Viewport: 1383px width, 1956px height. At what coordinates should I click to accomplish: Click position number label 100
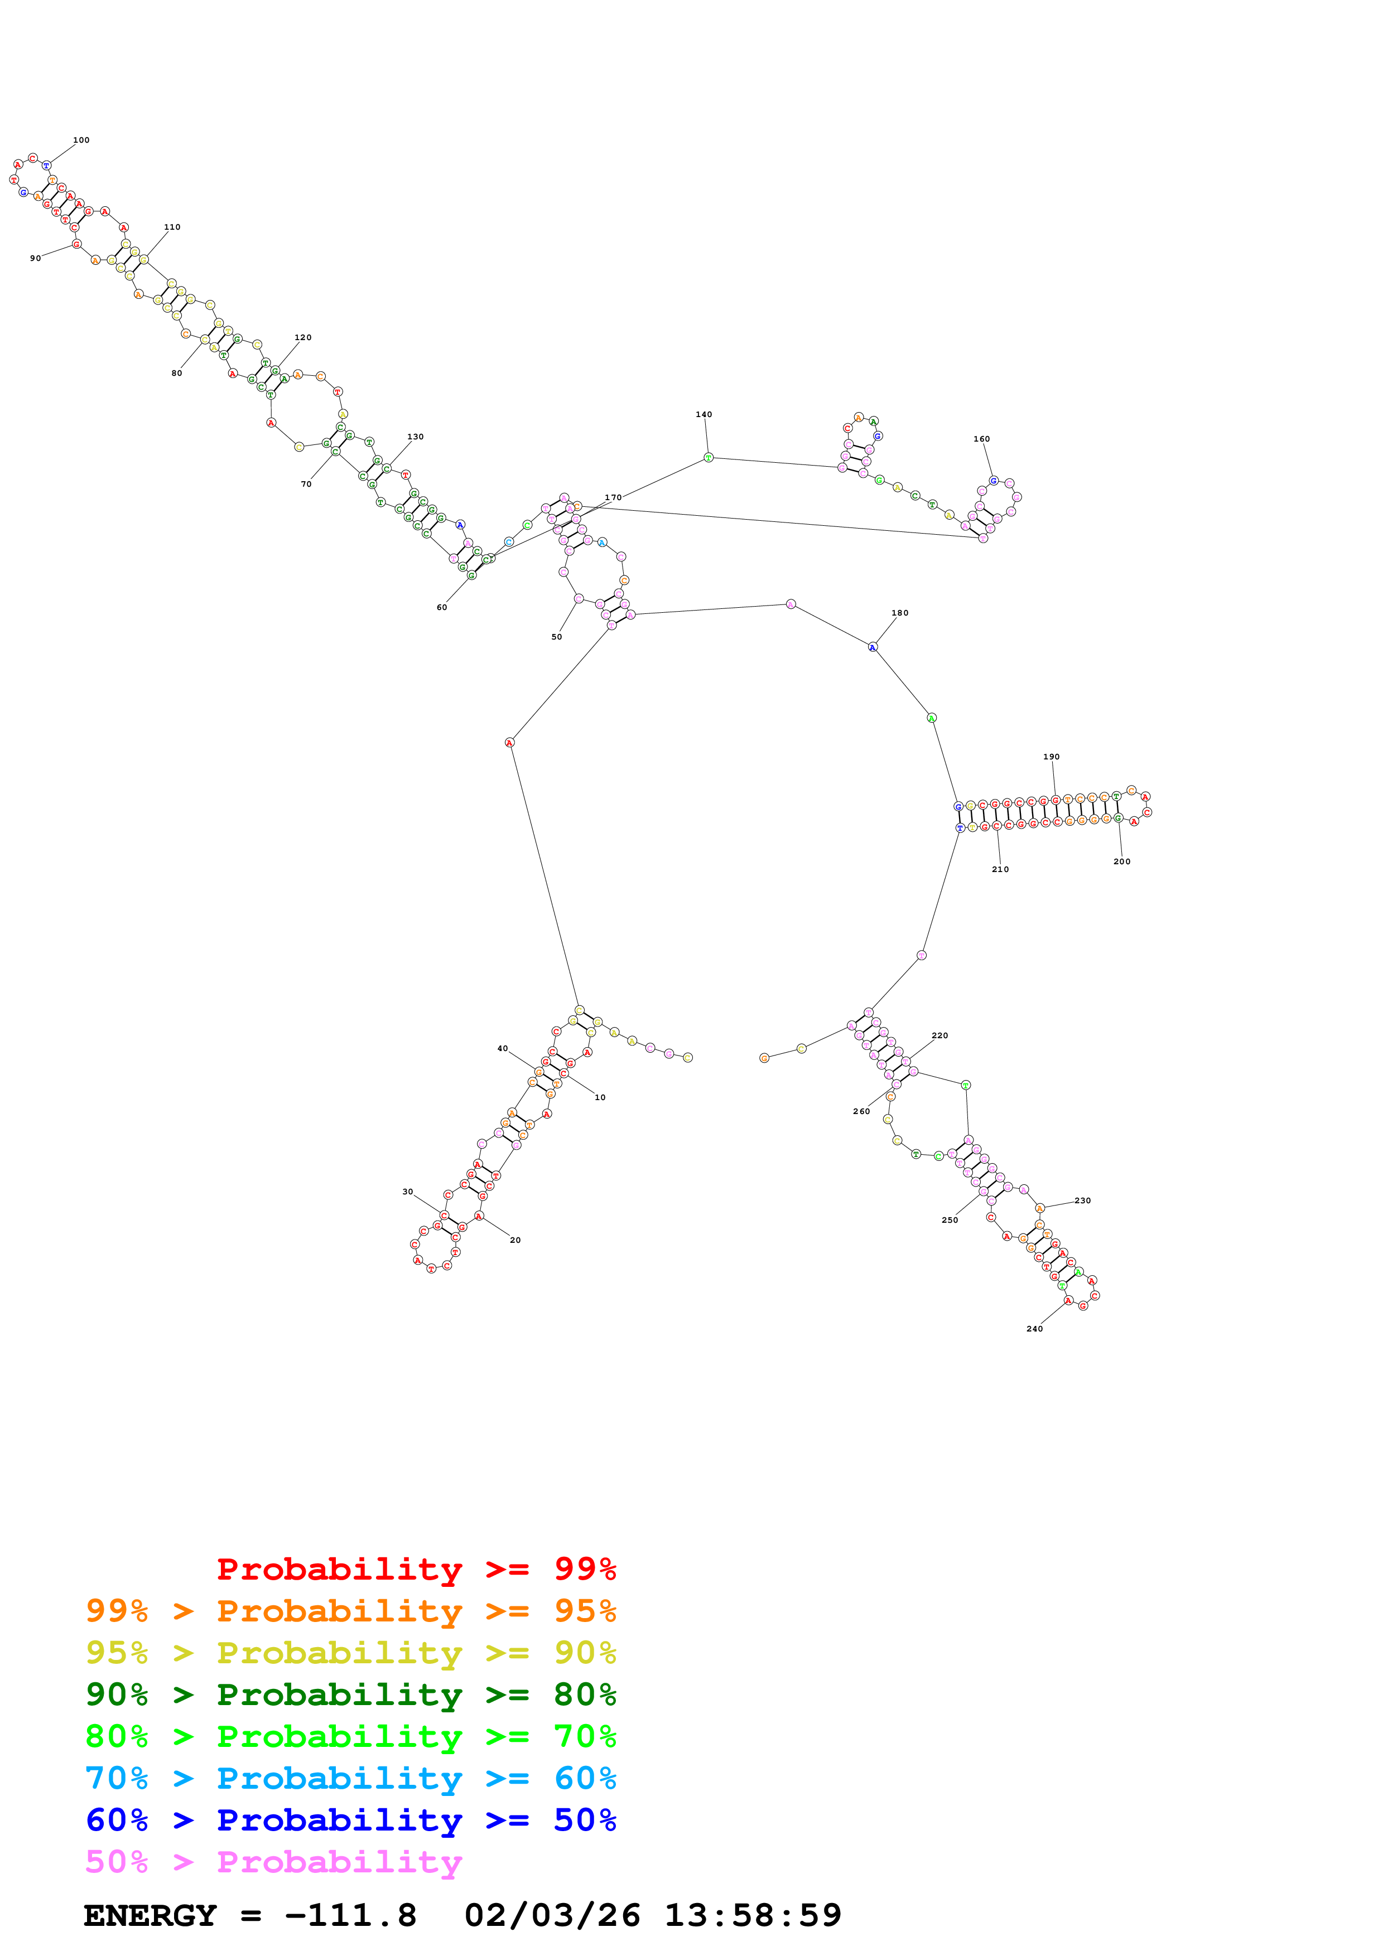(81, 140)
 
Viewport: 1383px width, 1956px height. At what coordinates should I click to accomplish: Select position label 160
(982, 439)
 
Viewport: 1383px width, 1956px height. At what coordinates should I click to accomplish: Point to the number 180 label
(900, 613)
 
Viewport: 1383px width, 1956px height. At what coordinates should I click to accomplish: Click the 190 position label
(1052, 757)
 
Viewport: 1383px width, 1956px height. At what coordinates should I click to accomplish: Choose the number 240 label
(1034, 1329)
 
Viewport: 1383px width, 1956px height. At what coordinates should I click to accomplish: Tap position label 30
(407, 1192)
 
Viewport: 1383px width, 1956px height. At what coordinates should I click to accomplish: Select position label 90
(35, 258)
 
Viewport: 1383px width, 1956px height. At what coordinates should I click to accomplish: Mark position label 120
(302, 337)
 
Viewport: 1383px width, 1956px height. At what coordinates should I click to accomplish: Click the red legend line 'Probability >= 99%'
(416, 1568)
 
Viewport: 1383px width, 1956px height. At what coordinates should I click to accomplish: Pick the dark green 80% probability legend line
(350, 1694)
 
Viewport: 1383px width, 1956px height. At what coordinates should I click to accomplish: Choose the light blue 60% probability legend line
(350, 1778)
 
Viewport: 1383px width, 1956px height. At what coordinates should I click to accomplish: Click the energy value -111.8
(350, 1915)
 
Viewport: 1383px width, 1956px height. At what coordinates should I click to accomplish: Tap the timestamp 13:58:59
(753, 1915)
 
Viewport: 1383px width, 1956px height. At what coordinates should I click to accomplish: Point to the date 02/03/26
(552, 1915)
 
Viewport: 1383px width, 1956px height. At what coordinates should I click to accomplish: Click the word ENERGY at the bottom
(150, 1915)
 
